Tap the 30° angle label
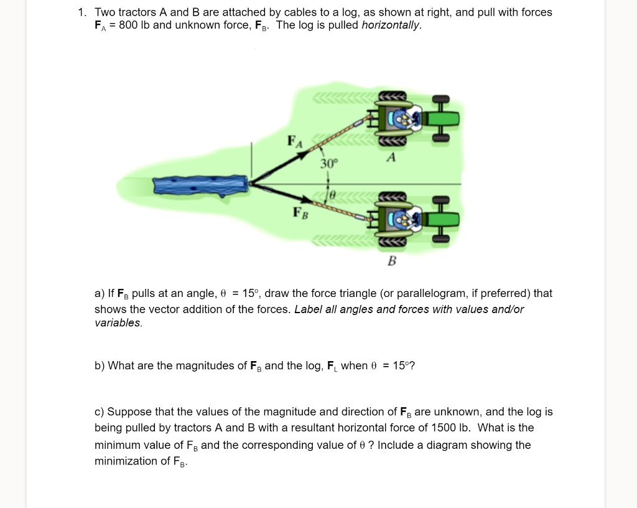click(x=329, y=164)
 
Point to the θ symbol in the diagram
click(x=332, y=195)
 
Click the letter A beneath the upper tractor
click(x=391, y=158)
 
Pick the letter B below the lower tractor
click(x=391, y=261)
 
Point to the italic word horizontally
click(x=391, y=26)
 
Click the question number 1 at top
click(x=81, y=12)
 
